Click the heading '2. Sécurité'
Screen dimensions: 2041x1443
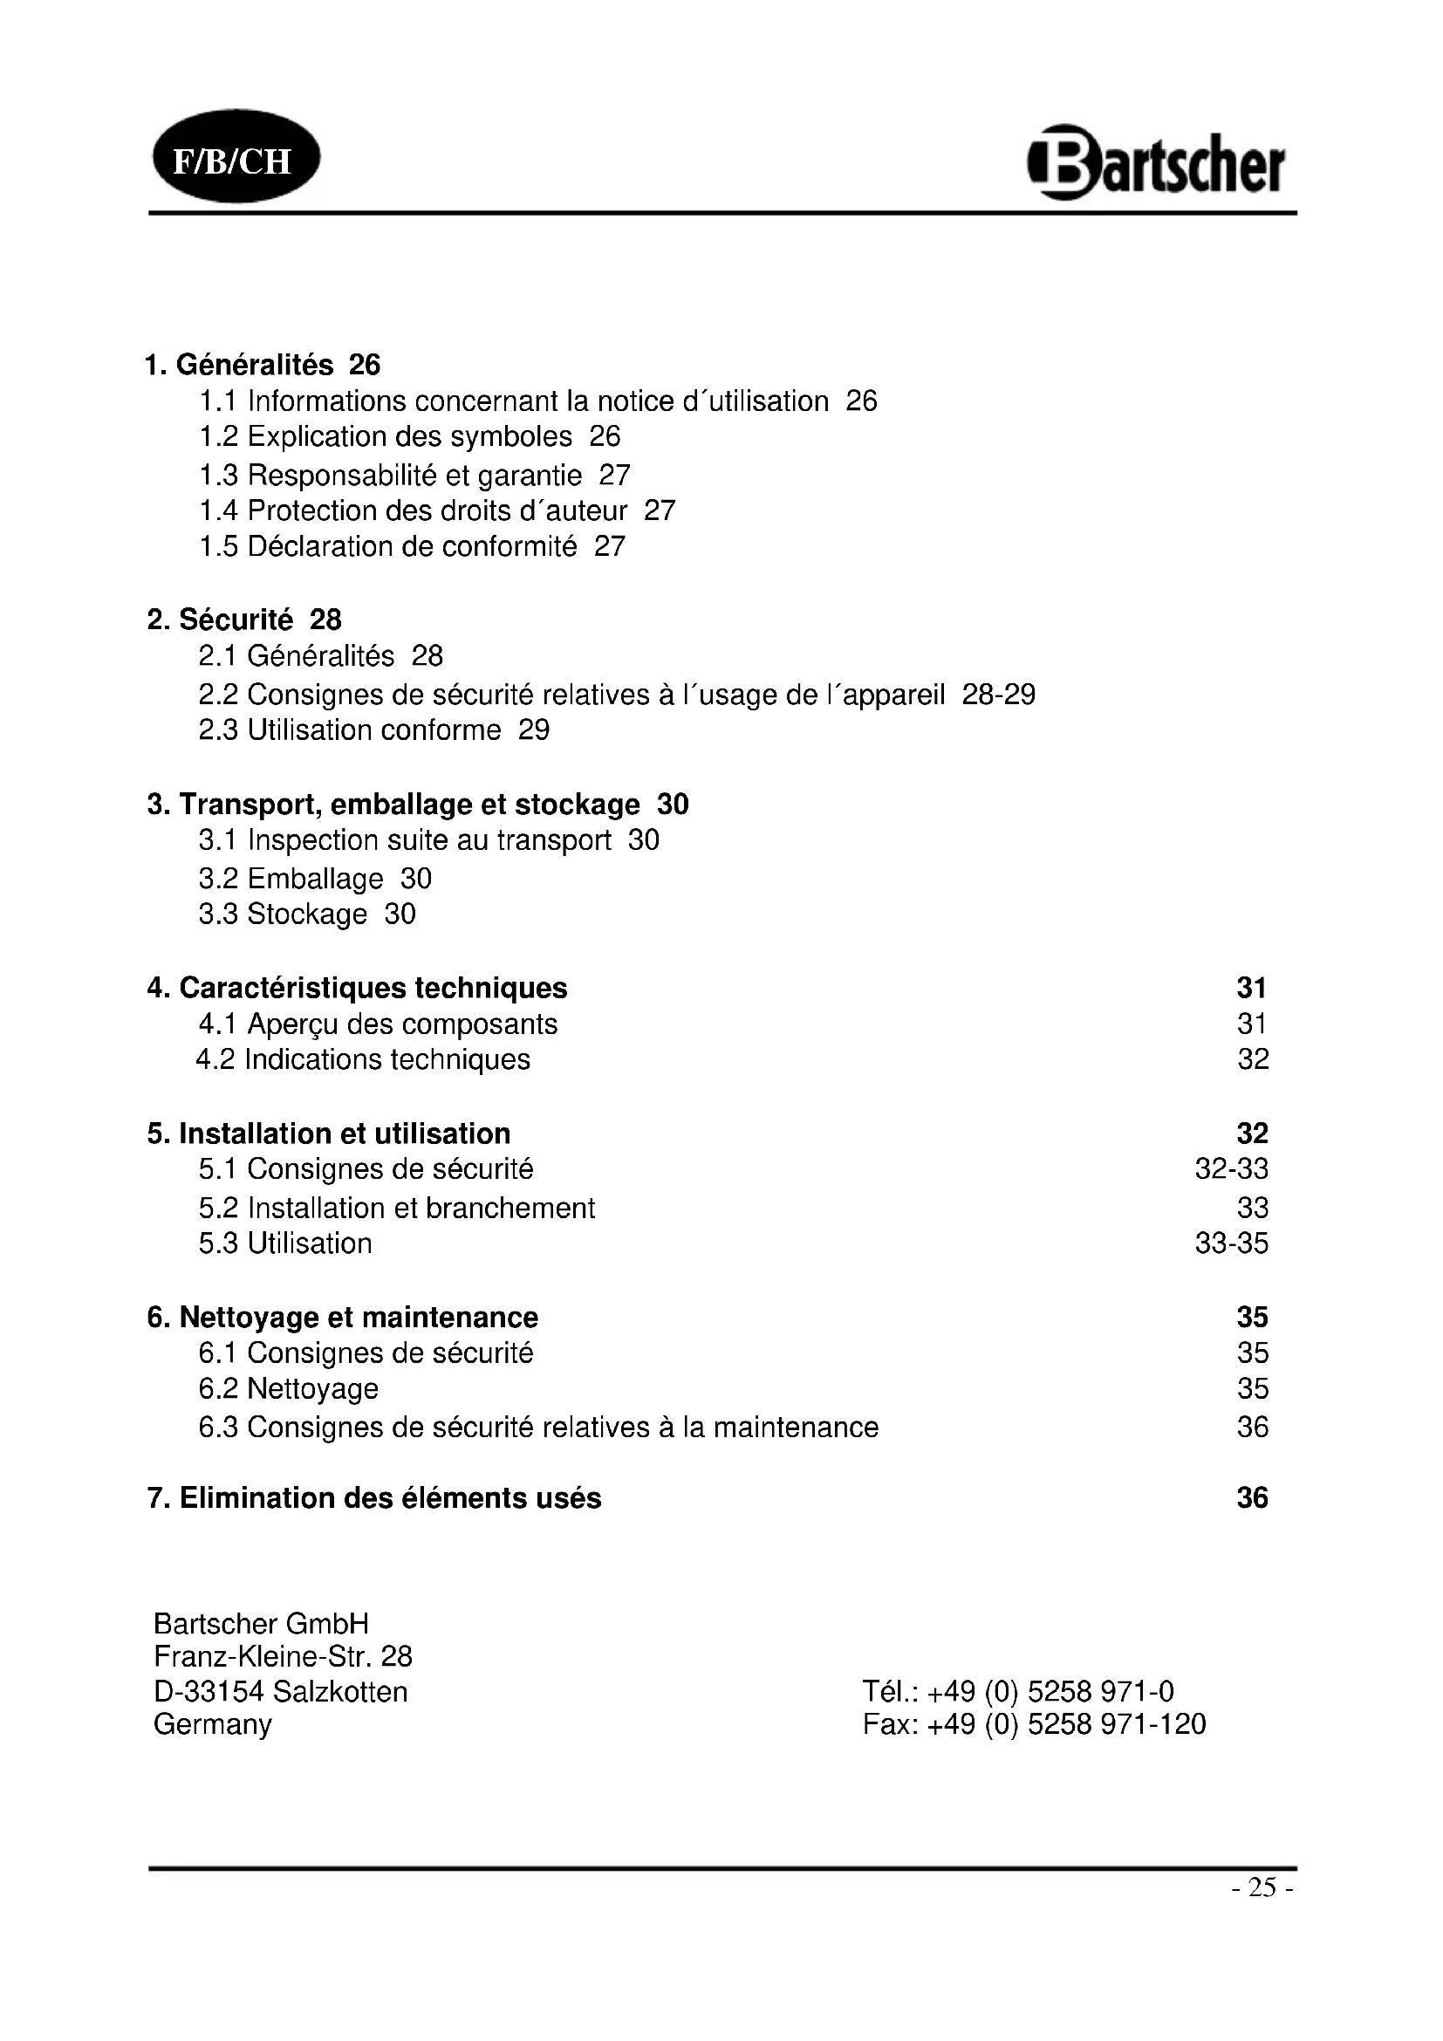[x=220, y=620]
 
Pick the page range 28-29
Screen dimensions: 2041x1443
[x=999, y=695]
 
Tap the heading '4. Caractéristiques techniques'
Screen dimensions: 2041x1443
[x=357, y=988]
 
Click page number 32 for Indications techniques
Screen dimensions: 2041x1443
[x=1253, y=1058]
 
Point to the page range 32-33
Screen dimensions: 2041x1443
[x=1232, y=1168]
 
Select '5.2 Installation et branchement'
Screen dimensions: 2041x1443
[x=397, y=1208]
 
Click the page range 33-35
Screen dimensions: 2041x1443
[x=1232, y=1243]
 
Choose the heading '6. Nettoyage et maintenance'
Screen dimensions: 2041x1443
[x=343, y=1317]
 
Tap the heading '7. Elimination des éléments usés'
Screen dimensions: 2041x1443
[x=374, y=1498]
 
